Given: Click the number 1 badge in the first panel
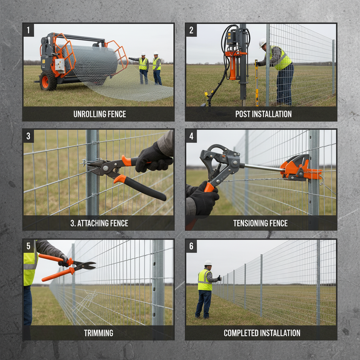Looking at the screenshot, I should click(28, 30).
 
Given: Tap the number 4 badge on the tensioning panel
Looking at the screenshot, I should click(191, 136).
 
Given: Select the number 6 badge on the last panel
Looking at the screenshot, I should click(191, 246).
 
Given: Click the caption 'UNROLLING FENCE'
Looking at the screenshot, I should click(99, 114).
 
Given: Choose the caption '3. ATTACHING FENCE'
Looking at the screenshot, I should click(99, 223).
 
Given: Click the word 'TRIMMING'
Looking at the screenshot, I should click(98, 333).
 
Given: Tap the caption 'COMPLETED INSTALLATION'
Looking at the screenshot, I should click(262, 333).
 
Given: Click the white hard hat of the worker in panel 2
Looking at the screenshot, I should click(262, 43).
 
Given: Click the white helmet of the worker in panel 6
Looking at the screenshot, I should click(208, 263).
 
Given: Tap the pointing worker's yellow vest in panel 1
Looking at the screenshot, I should click(143, 64).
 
